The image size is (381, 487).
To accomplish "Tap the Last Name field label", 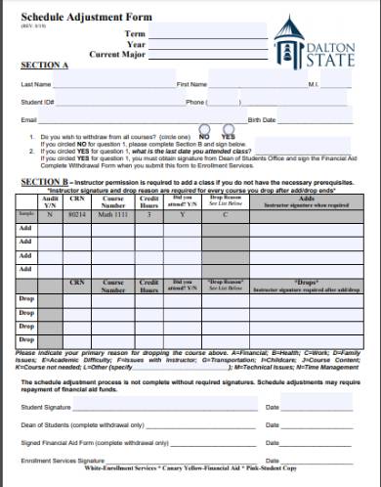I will (x=36, y=85).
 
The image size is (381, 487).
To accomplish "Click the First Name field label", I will (x=191, y=85).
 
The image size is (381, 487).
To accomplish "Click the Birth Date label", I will (x=263, y=118).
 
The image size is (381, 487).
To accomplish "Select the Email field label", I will (x=28, y=118).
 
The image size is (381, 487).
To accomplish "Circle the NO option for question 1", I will (x=204, y=135).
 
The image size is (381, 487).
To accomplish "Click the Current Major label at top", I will (x=117, y=54).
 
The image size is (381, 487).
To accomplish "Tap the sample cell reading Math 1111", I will (x=114, y=213).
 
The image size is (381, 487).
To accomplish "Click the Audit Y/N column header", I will (x=51, y=199).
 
